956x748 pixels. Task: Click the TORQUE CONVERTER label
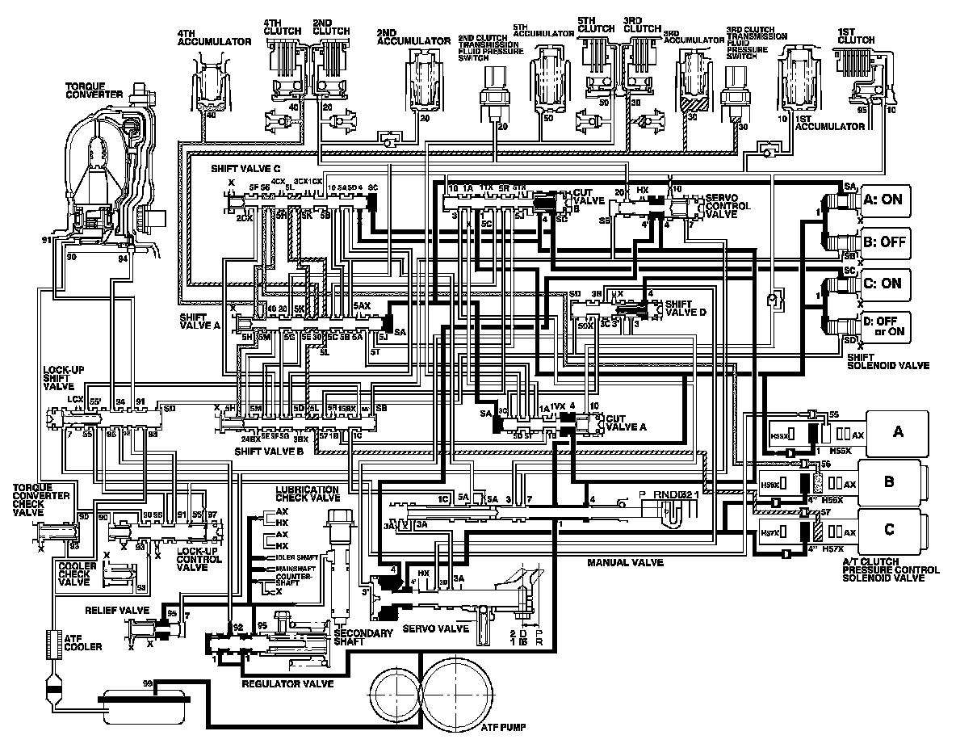pos(94,90)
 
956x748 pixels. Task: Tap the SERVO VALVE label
pos(431,628)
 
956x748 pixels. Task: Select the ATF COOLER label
pos(83,641)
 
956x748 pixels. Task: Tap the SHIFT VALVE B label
pos(268,451)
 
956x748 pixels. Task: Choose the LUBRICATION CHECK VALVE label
pos(307,495)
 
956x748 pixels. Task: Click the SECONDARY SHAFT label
pos(363,637)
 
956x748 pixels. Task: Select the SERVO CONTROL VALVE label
pos(728,206)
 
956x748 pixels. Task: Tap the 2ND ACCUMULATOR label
pos(413,40)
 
